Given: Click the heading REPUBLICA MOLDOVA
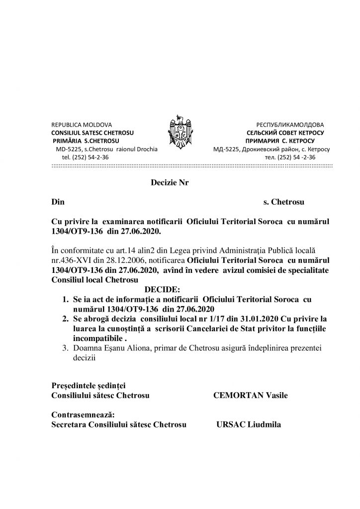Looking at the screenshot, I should pos(82,124).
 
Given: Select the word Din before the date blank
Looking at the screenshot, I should pos(58,202).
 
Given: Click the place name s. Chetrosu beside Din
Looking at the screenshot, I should pos(283,202).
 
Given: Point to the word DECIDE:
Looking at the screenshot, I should pos(163,289).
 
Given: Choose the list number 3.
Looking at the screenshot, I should pos(65,349).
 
